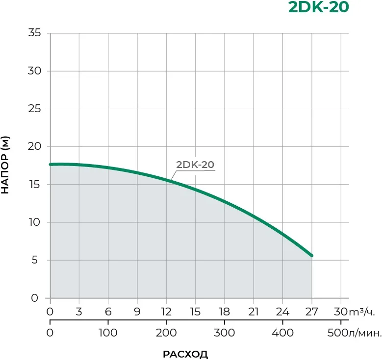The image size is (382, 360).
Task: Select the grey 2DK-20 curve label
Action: (195, 165)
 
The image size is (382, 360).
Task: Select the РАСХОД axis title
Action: (185, 354)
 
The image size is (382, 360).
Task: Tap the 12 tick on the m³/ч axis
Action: (166, 312)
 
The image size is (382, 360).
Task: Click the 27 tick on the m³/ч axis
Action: (311, 312)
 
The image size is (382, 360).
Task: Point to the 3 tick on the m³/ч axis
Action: (79, 312)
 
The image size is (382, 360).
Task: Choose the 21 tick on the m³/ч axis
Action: (253, 312)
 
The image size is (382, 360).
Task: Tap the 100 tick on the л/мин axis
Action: (108, 333)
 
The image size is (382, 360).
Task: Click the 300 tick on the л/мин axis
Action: (224, 333)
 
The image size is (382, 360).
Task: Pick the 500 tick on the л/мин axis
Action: (337, 333)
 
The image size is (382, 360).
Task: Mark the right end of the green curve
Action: (311, 255)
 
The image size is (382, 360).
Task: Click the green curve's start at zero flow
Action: (51, 165)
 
